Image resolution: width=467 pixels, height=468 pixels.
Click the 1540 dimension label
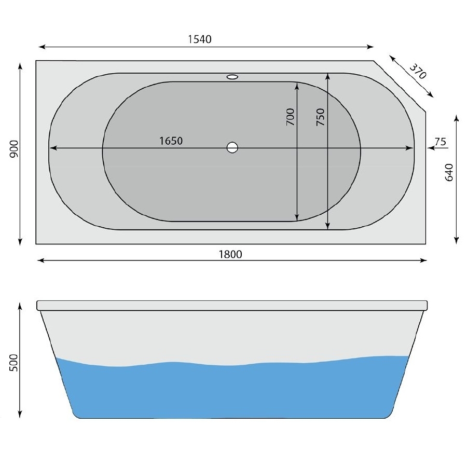click(200, 39)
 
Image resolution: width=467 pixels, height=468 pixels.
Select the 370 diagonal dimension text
click(417, 71)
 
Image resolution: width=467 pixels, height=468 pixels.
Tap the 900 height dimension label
click(15, 149)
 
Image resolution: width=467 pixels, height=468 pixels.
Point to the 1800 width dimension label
click(231, 254)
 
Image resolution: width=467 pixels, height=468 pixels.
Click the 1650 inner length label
click(171, 141)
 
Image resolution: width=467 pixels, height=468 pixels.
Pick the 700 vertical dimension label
click(290, 117)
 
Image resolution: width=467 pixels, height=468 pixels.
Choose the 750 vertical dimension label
click(320, 117)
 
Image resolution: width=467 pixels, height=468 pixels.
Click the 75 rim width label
click(440, 141)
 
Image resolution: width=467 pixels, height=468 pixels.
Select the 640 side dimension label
click(449, 172)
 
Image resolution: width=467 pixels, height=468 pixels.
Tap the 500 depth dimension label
click(15, 363)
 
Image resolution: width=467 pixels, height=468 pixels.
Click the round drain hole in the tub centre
click(232, 148)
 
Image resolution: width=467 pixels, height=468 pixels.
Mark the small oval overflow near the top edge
click(232, 77)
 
